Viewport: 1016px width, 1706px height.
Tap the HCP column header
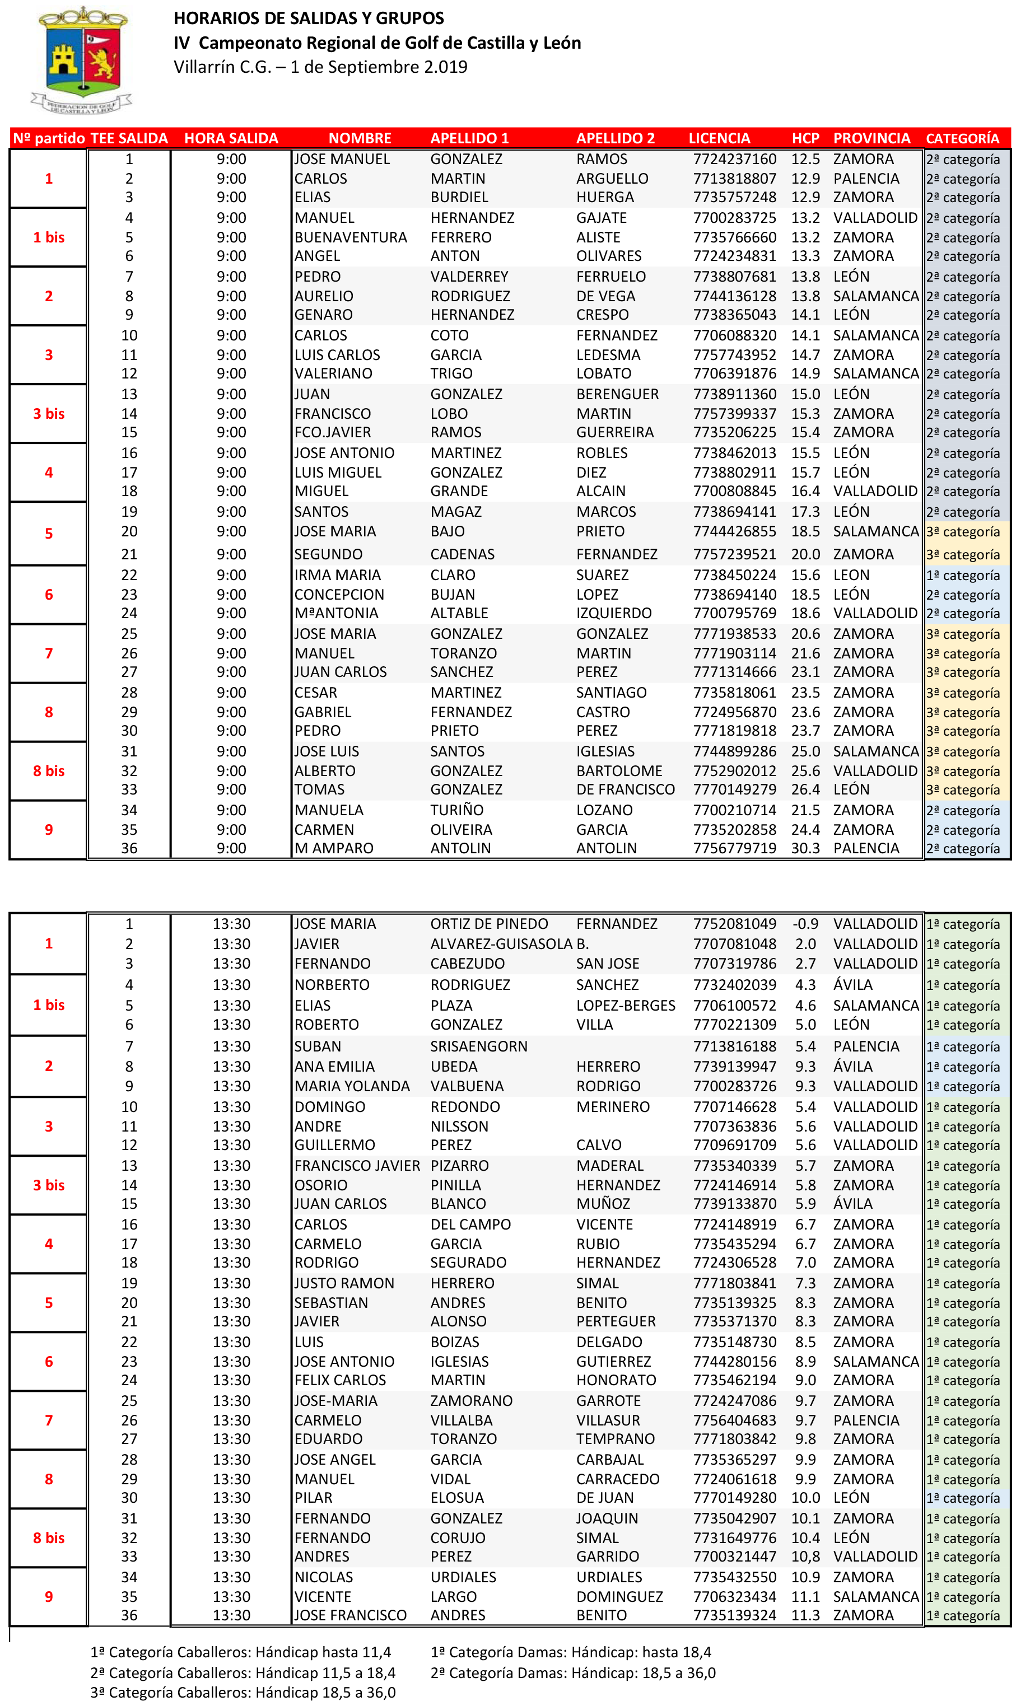pos(805,138)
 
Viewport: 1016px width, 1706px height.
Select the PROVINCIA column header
pos(871,138)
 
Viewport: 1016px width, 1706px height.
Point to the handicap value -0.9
pos(805,924)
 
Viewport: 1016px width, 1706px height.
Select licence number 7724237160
pos(735,159)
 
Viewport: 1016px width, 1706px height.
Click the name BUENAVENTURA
pos(351,237)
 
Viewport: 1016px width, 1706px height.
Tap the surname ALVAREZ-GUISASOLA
pos(501,943)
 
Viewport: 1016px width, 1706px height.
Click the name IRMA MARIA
pos(338,575)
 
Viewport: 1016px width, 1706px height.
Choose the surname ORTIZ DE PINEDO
pos(489,924)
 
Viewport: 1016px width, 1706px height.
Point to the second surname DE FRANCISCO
pos(625,789)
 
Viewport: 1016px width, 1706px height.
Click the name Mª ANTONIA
pos(336,613)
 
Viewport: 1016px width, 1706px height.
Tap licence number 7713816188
pos(735,1046)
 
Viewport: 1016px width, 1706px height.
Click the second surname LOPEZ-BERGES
pos(625,1005)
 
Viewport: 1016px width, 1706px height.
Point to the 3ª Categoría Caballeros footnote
pos(243,1693)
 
